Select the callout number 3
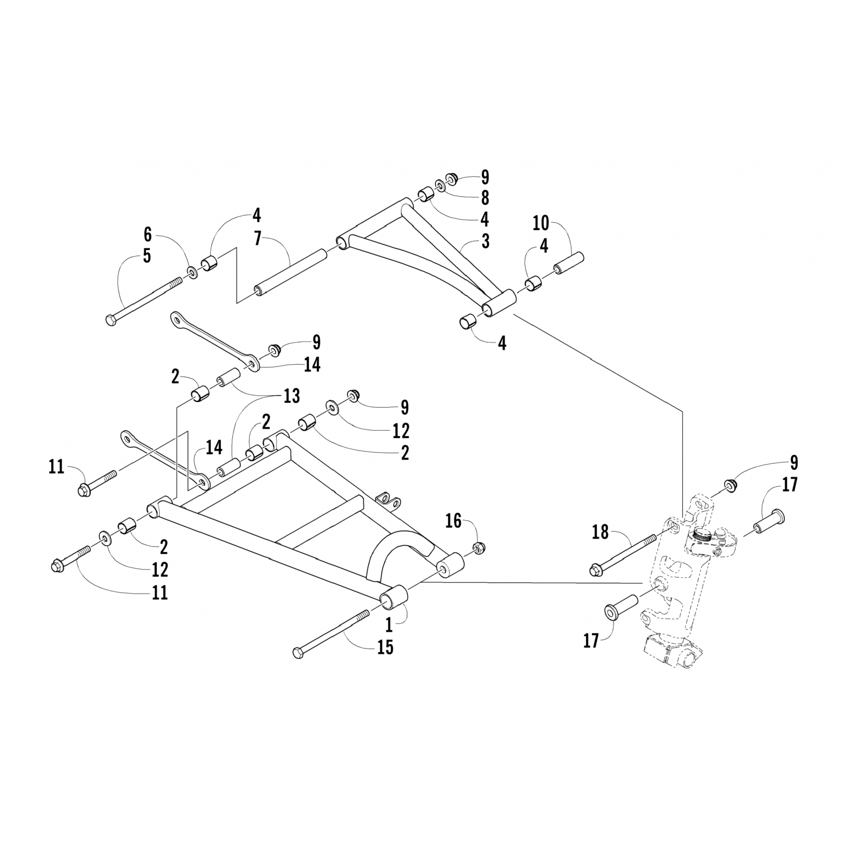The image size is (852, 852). pyautogui.click(x=485, y=241)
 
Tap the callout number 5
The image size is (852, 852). pyautogui.click(x=147, y=256)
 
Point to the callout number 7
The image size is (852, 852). pyautogui.click(x=258, y=239)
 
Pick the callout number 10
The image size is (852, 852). pyautogui.click(x=542, y=223)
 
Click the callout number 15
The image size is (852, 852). pyautogui.click(x=386, y=647)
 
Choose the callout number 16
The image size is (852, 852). pyautogui.click(x=453, y=520)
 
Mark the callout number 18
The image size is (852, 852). pyautogui.click(x=600, y=532)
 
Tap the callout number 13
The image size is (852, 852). pyautogui.click(x=292, y=396)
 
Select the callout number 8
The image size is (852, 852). pyautogui.click(x=485, y=198)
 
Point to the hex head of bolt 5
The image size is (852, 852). pyautogui.click(x=110, y=320)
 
